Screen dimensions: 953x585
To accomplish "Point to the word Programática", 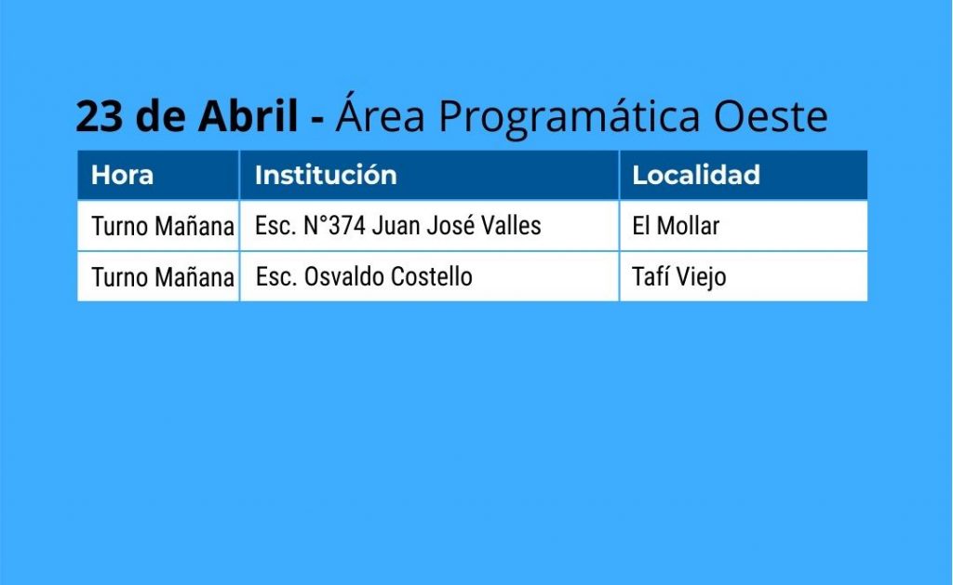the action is pos(569,115).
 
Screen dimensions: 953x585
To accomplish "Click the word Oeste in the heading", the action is pos(770,116).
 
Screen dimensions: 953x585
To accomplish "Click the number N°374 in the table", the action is pos(334,225).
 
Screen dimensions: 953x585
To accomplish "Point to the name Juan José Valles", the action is pos(456,225).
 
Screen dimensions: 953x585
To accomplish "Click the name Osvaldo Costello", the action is pos(388,276).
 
